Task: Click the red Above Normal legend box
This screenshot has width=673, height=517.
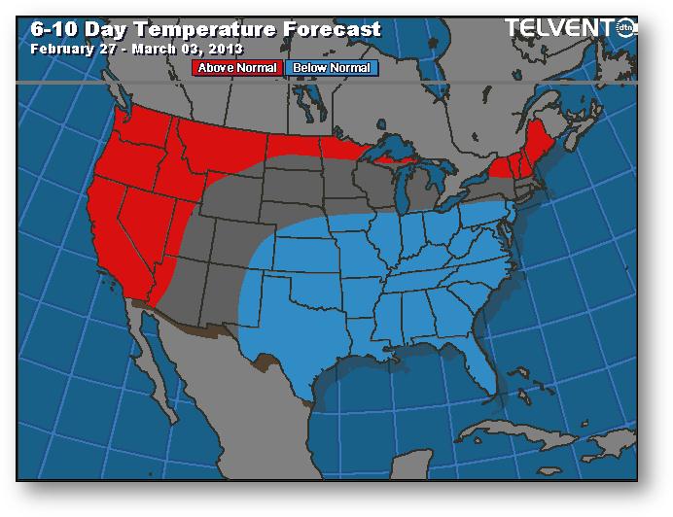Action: point(237,68)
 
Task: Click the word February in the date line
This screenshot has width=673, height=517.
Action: point(60,48)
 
